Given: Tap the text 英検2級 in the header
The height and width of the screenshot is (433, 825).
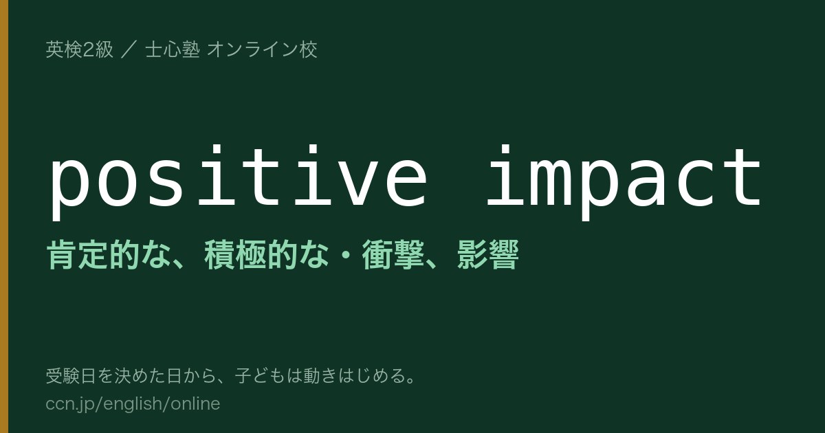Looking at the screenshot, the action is (80, 49).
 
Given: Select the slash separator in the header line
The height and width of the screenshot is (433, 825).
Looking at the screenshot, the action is (129, 49).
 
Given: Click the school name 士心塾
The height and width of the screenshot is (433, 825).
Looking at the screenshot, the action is (173, 49).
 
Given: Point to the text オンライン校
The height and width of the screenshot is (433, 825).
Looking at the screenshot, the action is (262, 49).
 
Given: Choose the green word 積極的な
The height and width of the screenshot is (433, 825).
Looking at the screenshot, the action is (266, 254).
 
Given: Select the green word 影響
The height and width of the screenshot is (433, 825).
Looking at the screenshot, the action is (487, 254).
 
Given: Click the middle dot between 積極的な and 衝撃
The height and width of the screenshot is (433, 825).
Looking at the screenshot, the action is (345, 255).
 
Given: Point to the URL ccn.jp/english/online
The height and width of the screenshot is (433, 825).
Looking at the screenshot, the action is (133, 404).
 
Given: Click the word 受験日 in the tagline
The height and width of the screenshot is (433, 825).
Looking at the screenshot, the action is (71, 375).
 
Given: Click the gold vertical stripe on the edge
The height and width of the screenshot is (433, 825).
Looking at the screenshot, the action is (4, 216).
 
